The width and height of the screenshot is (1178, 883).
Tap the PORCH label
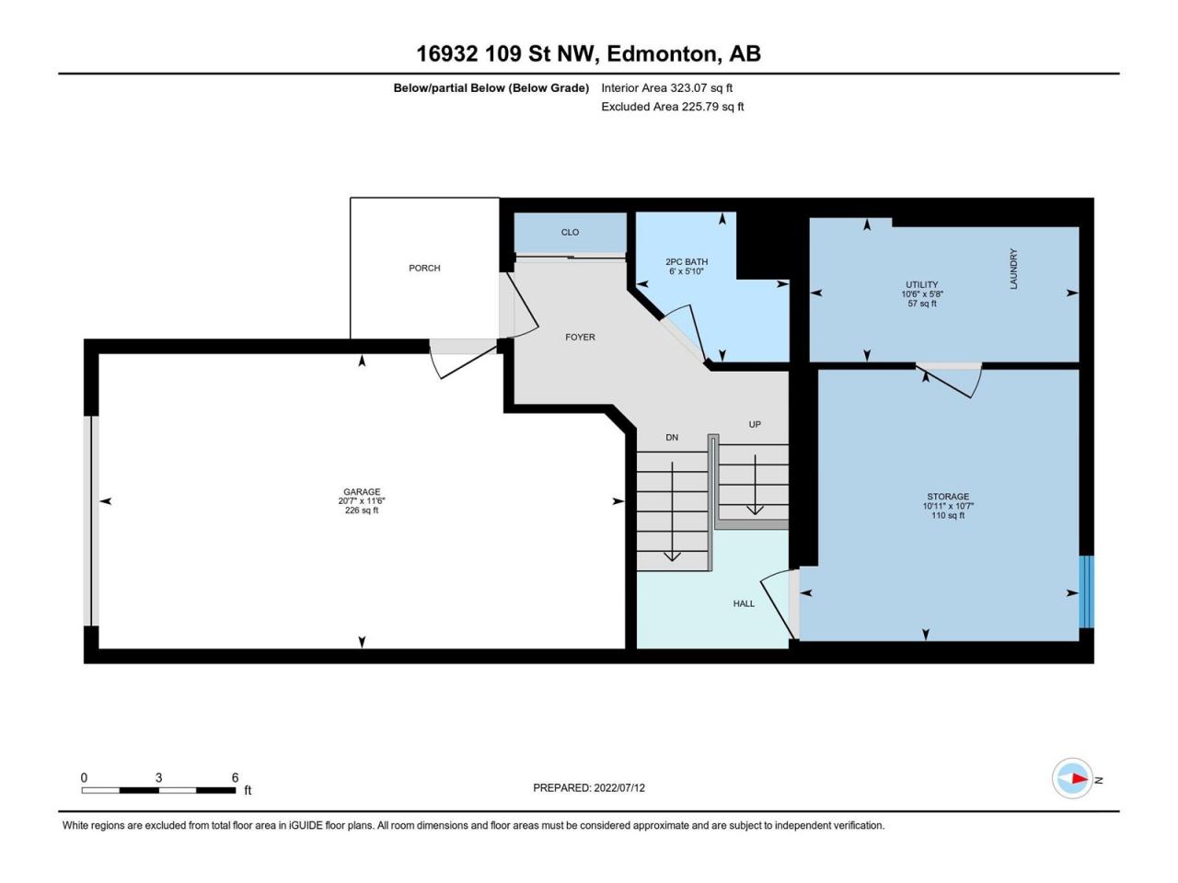pos(424,268)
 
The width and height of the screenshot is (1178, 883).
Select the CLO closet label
pos(570,232)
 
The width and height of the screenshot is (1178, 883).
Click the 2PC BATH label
pos(687,262)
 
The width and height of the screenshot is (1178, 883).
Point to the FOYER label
pos(580,337)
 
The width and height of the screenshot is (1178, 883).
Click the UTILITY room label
pos(921,284)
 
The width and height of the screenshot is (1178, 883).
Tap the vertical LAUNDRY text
pos(1013,269)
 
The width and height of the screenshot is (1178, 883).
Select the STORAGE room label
pos(947,497)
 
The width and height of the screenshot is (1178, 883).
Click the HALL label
pos(744,603)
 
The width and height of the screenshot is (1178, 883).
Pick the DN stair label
pos(672,437)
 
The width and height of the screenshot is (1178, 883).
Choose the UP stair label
pos(755,424)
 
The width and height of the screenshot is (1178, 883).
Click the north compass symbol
pos(1073,779)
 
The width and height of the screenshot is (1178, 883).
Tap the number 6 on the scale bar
pos(236,778)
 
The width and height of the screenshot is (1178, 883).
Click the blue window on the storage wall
pos(1086,591)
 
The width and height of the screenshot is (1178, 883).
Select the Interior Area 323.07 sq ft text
pos(666,88)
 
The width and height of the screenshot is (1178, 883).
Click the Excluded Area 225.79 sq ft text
pos(672,107)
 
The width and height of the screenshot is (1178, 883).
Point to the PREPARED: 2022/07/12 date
pos(595,787)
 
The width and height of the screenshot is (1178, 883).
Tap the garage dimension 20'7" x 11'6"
pos(362,501)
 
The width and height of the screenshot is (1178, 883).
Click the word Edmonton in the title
pos(663,53)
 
